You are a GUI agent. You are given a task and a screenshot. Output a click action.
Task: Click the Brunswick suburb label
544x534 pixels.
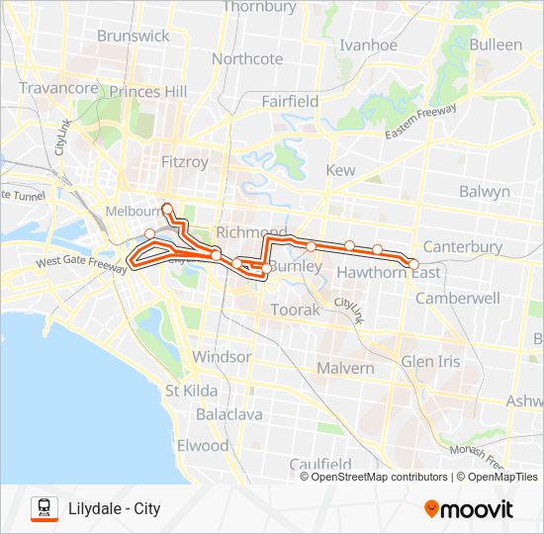click(x=134, y=36)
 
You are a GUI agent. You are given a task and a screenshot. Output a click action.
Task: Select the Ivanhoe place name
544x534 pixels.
click(x=368, y=45)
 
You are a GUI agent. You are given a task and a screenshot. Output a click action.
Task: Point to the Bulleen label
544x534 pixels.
click(x=496, y=44)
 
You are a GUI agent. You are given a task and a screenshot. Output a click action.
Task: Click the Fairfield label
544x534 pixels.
click(x=290, y=101)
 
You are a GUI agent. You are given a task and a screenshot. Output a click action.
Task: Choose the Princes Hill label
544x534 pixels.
click(x=148, y=91)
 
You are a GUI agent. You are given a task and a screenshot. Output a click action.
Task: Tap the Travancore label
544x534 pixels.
click(x=58, y=88)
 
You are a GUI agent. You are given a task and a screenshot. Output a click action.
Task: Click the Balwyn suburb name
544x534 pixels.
click(x=485, y=191)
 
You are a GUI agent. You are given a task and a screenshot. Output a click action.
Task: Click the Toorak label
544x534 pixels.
click(x=297, y=310)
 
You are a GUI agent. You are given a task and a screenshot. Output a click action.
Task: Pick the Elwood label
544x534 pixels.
click(x=202, y=445)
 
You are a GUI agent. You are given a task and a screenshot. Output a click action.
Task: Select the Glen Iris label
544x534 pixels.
click(x=430, y=362)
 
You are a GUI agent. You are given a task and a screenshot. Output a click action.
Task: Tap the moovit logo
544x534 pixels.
click(x=469, y=509)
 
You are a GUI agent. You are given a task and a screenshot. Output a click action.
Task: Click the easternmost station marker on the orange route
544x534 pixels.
click(x=414, y=264)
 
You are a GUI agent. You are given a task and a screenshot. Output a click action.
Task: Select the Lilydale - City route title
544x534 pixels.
click(x=115, y=509)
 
